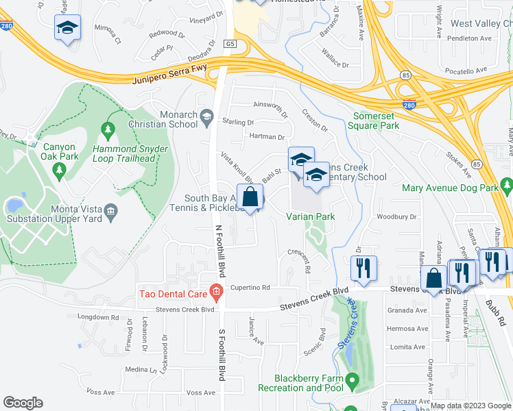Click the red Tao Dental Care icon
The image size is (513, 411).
point(215,294)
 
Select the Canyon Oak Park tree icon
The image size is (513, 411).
point(60,169)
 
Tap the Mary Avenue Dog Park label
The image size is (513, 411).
point(449,188)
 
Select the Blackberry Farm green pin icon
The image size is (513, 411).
point(352,379)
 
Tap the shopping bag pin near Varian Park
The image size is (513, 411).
point(250,197)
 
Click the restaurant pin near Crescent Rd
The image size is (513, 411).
point(363,268)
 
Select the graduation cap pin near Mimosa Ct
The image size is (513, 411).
point(67,28)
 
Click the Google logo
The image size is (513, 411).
point(23,403)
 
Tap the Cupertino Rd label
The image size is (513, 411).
point(250,288)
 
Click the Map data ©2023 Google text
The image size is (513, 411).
point(469,405)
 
